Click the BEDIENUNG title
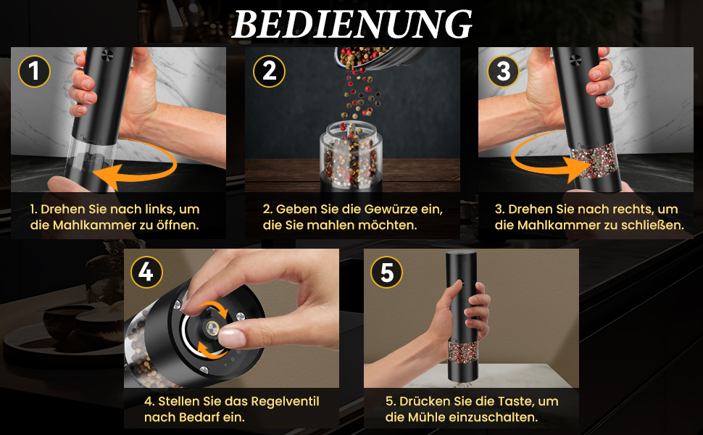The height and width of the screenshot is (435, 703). (352, 24)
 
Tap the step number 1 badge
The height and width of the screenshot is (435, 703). (34, 71)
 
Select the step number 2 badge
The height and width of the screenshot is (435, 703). (269, 71)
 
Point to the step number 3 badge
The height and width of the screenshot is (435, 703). (504, 71)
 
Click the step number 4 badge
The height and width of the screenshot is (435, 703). (146, 272)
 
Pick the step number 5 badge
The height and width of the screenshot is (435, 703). (386, 272)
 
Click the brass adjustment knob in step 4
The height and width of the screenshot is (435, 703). (212, 328)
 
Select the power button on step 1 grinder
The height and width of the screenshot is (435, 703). (107, 56)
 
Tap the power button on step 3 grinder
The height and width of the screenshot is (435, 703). (575, 59)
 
